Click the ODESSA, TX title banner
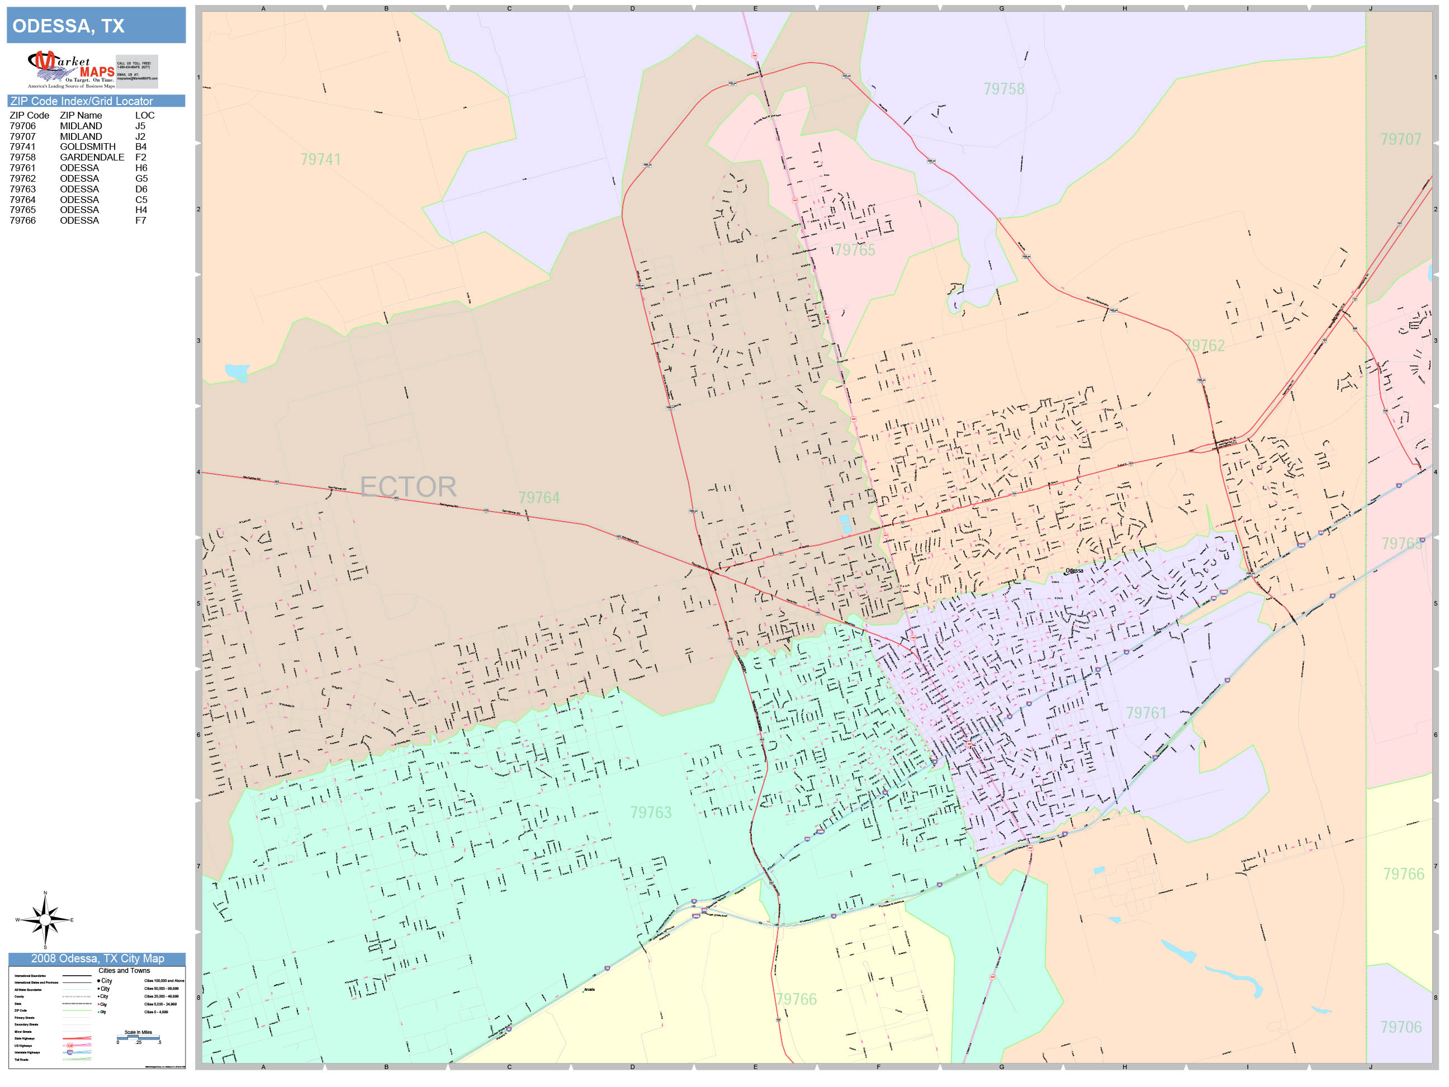tap(96, 26)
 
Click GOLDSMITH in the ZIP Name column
tap(87, 146)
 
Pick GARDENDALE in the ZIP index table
tap(92, 157)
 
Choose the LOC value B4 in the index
tap(141, 146)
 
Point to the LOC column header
tap(145, 115)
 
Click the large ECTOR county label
tap(408, 487)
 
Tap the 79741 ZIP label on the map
tap(320, 160)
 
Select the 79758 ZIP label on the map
tap(1003, 89)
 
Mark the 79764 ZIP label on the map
tap(538, 498)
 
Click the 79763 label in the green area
tap(651, 812)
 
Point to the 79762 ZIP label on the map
tap(1204, 346)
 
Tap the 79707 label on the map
tap(1400, 140)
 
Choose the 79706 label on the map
tap(1400, 1027)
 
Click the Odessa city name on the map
tap(1074, 571)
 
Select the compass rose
tap(45, 920)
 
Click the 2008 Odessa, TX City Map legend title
tap(97, 958)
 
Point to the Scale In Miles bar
tap(138, 1037)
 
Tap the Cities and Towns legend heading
tap(124, 971)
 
